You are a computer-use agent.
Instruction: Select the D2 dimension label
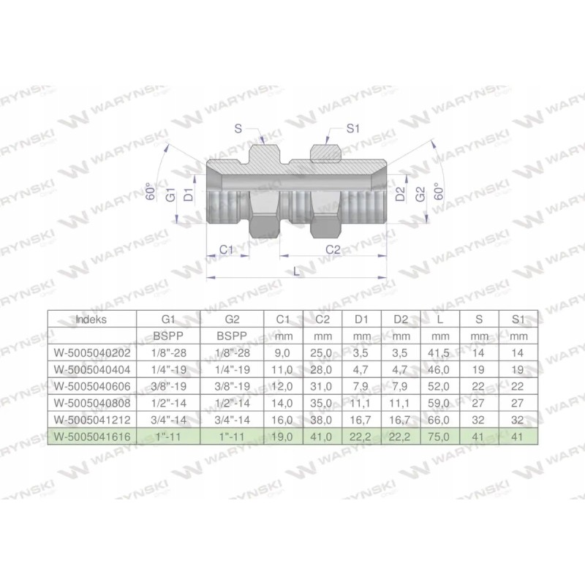click(x=400, y=195)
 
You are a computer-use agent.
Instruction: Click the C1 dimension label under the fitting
click(x=227, y=249)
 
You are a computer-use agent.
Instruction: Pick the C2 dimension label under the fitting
click(x=333, y=249)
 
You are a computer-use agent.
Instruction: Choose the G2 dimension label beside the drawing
click(x=420, y=195)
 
